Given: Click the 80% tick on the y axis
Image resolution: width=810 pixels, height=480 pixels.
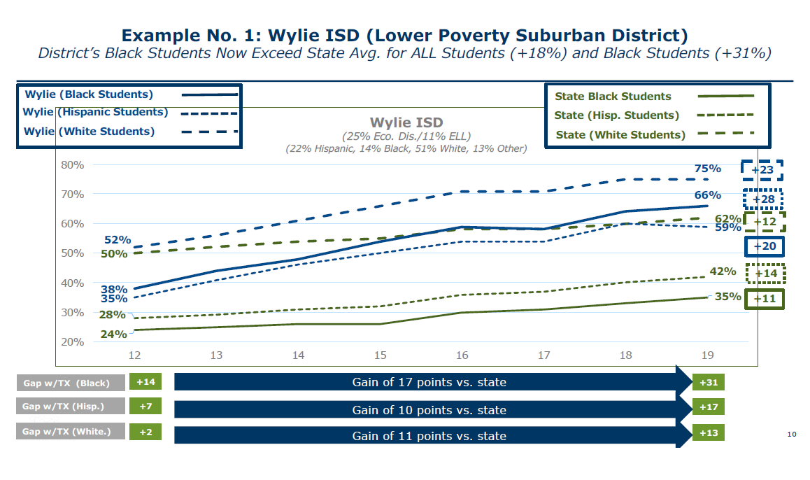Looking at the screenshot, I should pos(73,165).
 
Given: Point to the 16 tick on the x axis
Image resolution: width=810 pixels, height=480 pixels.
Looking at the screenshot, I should pos(462,355).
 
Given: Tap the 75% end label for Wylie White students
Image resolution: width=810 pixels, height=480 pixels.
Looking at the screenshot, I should pos(707,169).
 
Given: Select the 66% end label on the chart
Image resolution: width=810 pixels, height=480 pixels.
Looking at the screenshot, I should pos(707,195).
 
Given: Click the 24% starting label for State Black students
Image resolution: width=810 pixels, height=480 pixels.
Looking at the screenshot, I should pos(113,334).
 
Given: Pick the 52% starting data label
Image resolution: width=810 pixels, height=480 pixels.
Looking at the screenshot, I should pos(118,240).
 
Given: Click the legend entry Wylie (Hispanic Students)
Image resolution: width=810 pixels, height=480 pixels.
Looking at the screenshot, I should pos(95,112).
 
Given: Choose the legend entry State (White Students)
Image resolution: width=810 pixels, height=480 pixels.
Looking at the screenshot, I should pos(620,135).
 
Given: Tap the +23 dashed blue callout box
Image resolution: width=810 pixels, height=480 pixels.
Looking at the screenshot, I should pos(762,170).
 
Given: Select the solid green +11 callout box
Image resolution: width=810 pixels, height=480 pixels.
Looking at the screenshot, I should pos(765,298).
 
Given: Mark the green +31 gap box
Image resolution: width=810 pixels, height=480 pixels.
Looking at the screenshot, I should pos(708,382).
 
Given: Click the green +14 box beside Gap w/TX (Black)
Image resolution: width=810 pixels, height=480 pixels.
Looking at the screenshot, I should pos(145,382).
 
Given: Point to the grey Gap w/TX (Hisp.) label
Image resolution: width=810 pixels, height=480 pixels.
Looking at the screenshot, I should pos(71,407).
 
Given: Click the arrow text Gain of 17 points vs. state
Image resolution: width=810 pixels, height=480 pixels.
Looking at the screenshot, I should pos(429,382).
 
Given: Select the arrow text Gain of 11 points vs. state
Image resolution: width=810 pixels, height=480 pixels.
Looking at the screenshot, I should pos(429,436).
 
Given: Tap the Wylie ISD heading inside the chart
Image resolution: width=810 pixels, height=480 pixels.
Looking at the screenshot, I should pos(406,122).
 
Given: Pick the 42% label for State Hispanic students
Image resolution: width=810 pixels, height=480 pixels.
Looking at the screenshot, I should pos(723,271).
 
